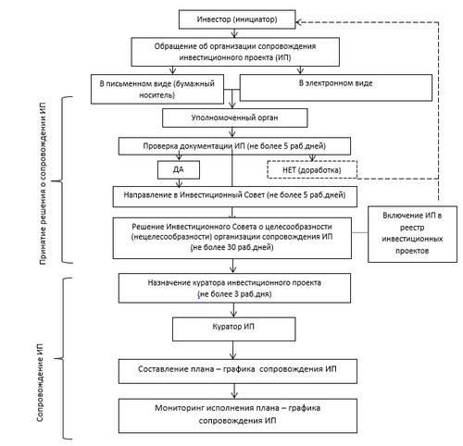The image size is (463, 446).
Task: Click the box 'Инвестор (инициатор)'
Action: tap(237, 19)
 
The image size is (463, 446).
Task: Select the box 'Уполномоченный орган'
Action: tap(235, 118)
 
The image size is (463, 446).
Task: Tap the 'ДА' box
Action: tap(179, 169)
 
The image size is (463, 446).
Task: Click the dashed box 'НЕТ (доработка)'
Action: tap(312, 169)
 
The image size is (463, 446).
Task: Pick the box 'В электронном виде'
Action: tap(336, 88)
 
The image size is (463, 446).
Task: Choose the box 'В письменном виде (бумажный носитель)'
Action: tap(157, 89)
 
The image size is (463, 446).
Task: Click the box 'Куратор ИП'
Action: tap(233, 329)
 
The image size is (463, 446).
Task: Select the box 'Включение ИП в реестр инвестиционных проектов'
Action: tap(412, 234)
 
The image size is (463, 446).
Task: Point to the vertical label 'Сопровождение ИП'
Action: tap(40, 382)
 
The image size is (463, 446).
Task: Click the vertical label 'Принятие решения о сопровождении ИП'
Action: tap(43, 183)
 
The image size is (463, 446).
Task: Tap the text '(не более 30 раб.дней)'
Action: tap(231, 247)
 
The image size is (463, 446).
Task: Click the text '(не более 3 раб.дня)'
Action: tap(234, 294)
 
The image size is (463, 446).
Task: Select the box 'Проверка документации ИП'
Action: tap(234, 146)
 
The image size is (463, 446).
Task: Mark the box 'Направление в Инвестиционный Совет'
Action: tap(235, 196)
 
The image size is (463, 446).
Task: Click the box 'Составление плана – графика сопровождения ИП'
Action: tap(238, 371)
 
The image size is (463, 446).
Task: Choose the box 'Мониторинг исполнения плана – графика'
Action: tap(238, 415)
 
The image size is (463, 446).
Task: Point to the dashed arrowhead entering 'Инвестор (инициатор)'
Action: tap(298, 22)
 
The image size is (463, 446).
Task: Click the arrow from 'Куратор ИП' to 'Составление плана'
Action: tap(233, 350)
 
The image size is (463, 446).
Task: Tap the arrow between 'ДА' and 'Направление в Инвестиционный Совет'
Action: tap(179, 182)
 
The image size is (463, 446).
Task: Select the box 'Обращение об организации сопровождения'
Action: tap(235, 52)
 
